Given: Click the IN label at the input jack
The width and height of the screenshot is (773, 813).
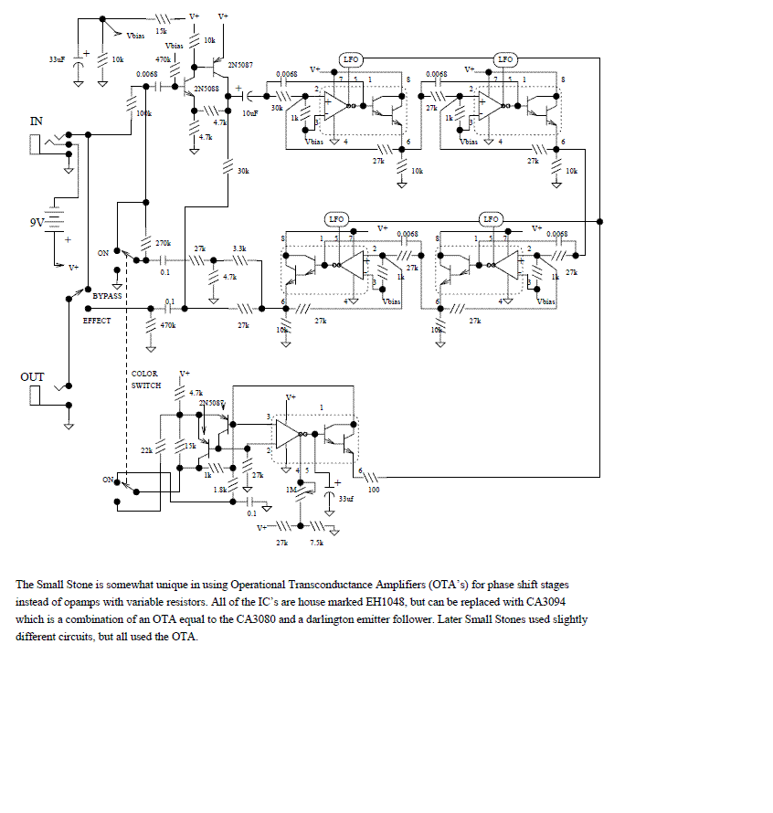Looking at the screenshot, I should (37, 121).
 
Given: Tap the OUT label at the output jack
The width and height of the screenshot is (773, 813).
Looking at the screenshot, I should (32, 376).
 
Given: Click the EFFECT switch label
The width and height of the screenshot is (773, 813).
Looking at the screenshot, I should (97, 321).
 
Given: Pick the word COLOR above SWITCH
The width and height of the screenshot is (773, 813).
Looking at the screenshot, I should (144, 374).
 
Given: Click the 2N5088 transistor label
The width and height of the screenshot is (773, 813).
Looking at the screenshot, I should (206, 89).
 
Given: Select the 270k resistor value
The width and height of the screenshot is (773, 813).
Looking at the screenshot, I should (163, 243).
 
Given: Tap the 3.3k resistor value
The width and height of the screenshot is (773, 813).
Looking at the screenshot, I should (239, 248).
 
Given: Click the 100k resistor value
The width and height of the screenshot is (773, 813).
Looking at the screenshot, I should (143, 113).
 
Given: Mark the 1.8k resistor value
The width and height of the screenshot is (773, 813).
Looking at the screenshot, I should (219, 491).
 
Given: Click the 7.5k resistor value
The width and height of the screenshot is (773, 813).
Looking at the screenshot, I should (316, 543).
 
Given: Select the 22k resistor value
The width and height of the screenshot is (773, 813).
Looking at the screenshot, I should (146, 450).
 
